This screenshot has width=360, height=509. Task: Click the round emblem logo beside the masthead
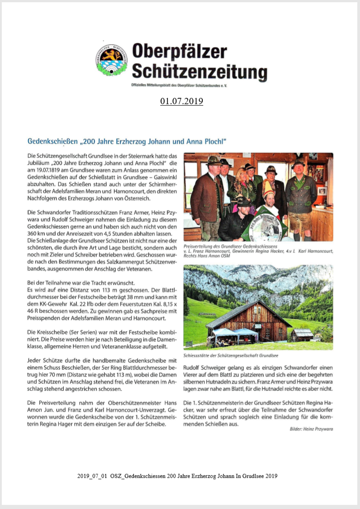click(x=111, y=60)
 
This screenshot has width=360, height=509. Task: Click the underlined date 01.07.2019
click(x=181, y=101)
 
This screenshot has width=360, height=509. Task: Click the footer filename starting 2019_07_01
click(x=177, y=476)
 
